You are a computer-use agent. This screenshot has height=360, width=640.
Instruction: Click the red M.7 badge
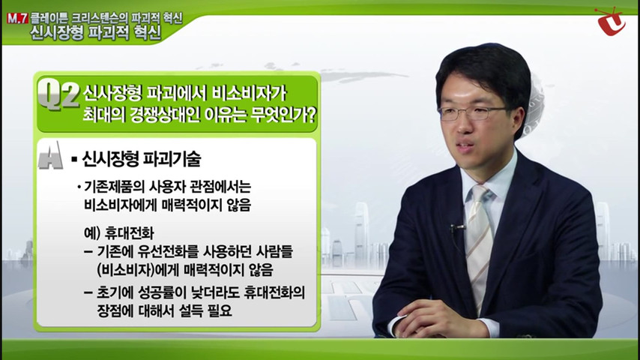[x=17, y=19]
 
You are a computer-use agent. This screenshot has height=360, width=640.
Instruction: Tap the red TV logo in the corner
[x=611, y=21]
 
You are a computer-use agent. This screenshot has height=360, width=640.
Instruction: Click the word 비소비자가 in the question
[x=249, y=94]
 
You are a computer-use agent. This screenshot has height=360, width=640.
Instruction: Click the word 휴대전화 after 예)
[x=130, y=233]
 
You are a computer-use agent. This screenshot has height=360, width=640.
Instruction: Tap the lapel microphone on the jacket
[x=456, y=227]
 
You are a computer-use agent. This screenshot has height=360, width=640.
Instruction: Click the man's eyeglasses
[x=474, y=113]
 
